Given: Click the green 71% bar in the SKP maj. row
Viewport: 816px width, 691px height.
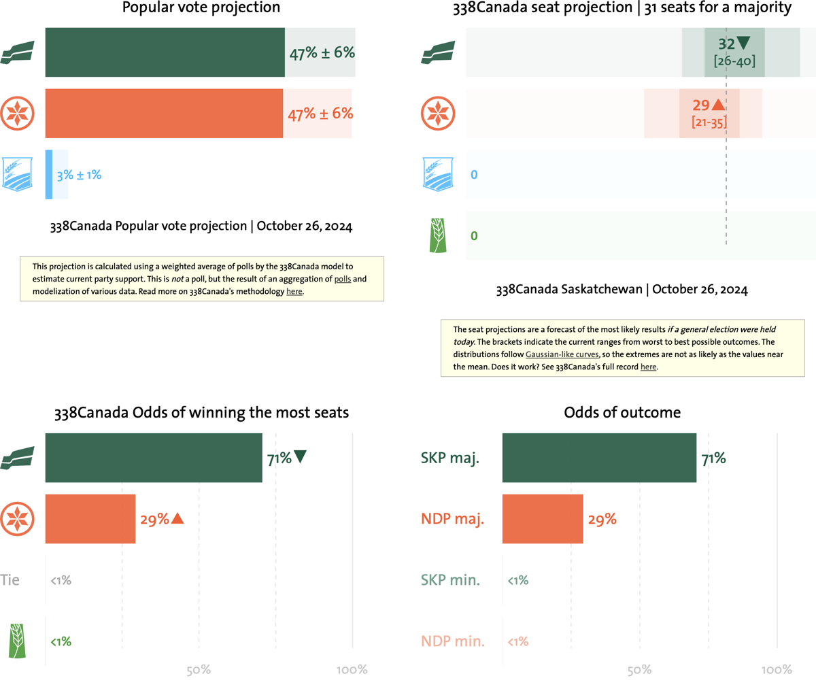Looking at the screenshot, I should (x=599, y=458).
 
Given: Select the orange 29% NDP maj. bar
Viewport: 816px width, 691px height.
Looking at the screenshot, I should (x=543, y=519).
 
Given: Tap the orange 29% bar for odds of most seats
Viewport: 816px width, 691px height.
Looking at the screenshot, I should (x=90, y=519).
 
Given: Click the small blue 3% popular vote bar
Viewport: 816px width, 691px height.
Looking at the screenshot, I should (x=49, y=175).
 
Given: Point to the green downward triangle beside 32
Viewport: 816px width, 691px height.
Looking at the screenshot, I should (x=743, y=43).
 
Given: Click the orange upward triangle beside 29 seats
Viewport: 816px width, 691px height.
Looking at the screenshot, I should (x=718, y=105).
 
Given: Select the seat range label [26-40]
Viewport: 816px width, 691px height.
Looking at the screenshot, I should (x=734, y=61).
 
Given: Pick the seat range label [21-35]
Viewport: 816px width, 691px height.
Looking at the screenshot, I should (x=709, y=122).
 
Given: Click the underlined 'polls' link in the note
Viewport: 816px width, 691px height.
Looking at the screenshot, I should (x=343, y=279).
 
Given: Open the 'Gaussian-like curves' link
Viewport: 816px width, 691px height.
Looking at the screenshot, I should (x=562, y=354).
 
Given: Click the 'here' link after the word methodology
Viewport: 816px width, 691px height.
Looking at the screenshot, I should (x=294, y=292).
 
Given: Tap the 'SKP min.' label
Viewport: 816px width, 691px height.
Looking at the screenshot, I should (x=450, y=580).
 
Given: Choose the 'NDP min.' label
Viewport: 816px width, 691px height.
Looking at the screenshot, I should (x=453, y=641).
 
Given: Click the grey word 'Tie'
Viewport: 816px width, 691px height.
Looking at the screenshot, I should (x=10, y=580).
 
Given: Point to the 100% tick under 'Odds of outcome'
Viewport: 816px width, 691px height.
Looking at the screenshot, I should (x=777, y=670).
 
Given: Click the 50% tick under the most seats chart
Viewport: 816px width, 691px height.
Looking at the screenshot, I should (x=199, y=670).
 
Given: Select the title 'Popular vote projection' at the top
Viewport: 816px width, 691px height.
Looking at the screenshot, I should (x=201, y=8).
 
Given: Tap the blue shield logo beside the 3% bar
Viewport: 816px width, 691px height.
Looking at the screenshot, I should (x=17, y=174).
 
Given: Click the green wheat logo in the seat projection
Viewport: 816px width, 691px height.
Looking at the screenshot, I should (x=438, y=236).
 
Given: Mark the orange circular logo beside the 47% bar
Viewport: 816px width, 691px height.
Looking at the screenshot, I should (x=17, y=114).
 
